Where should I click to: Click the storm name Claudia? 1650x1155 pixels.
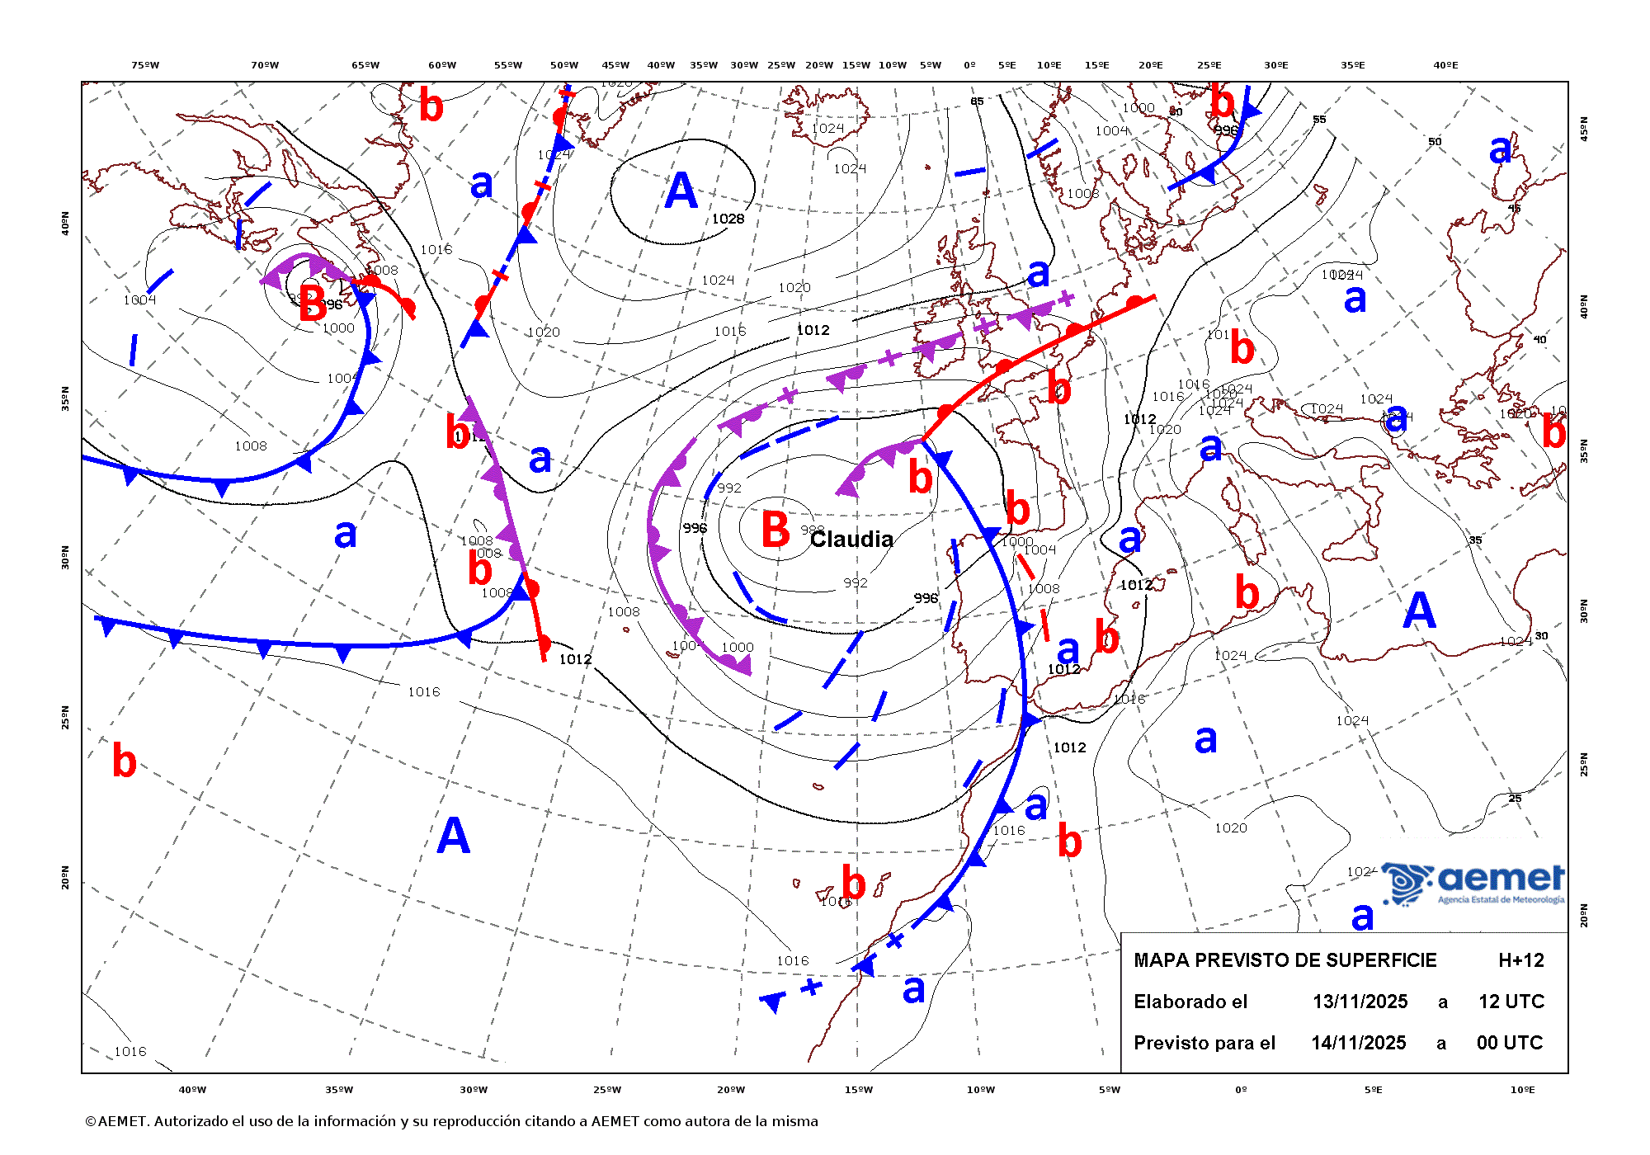pyautogui.click(x=851, y=540)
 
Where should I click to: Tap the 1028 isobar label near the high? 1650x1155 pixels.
pyautogui.click(x=728, y=219)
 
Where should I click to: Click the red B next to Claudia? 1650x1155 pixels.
pyautogui.click(x=775, y=530)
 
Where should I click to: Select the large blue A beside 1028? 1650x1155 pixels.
pyautogui.click(x=681, y=191)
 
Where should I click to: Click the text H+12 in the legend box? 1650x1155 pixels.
pyautogui.click(x=1520, y=960)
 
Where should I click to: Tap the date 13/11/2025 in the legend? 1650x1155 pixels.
pyautogui.click(x=1360, y=1002)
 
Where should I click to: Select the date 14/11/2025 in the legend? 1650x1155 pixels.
pyautogui.click(x=1358, y=1043)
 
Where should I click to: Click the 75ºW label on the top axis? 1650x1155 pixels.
pyautogui.click(x=145, y=65)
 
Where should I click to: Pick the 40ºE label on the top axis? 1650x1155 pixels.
pyautogui.click(x=1445, y=65)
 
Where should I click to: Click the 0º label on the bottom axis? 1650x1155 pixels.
pyautogui.click(x=1241, y=1090)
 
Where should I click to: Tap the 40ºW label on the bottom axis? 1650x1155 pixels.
pyautogui.click(x=192, y=1090)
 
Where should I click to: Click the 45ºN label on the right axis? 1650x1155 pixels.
pyautogui.click(x=1583, y=128)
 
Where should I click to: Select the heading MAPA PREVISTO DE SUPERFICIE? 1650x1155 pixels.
pyautogui.click(x=1285, y=960)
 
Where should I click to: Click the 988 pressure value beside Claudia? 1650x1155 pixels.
pyautogui.click(x=812, y=530)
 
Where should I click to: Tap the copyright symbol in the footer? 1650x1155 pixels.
pyautogui.click(x=90, y=1122)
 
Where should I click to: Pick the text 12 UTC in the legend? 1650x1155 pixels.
pyautogui.click(x=1511, y=1002)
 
